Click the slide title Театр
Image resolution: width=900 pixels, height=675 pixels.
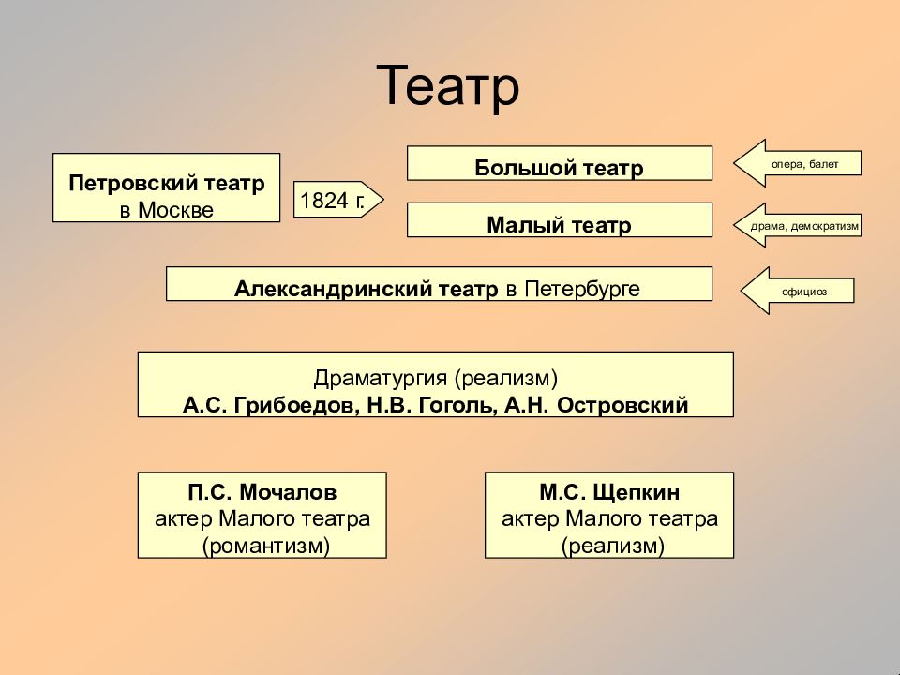[448, 86]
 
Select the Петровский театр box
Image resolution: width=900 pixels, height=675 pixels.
[167, 187]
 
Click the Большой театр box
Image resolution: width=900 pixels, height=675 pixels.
[560, 163]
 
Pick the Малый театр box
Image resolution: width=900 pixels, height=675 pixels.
[560, 219]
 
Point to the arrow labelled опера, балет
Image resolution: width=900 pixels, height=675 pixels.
[797, 163]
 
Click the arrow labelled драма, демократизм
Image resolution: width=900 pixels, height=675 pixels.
[797, 225]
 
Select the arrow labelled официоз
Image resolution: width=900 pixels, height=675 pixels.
[797, 291]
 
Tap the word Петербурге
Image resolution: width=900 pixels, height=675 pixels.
[582, 289]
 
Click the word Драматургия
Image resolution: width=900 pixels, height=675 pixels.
[380, 378]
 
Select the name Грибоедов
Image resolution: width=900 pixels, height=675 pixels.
[296, 405]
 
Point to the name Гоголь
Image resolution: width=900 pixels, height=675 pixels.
[456, 405]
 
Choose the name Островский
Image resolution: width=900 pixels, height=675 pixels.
[622, 405]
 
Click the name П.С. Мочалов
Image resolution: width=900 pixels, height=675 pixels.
[262, 492]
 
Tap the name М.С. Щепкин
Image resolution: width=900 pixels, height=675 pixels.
[609, 492]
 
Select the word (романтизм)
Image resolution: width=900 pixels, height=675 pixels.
[265, 546]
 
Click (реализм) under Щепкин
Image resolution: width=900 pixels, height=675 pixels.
[612, 546]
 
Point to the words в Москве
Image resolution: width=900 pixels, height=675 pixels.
[167, 210]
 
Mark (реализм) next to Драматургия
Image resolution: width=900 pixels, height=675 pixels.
[505, 378]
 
